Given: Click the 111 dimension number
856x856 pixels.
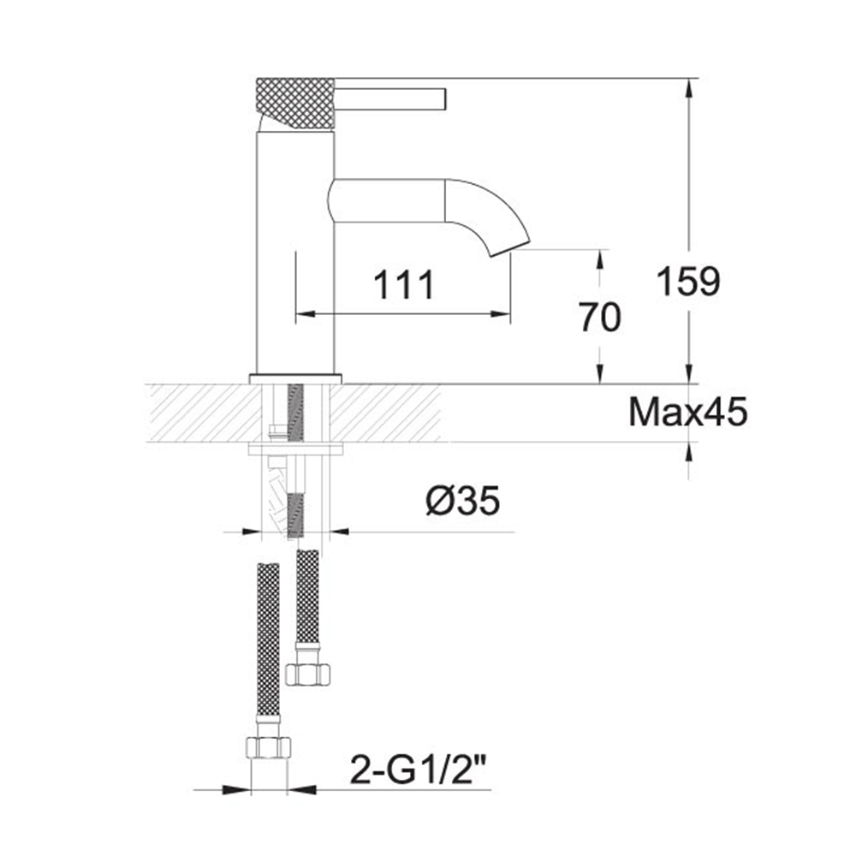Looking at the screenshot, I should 404,284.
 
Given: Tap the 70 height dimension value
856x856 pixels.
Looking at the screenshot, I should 599,318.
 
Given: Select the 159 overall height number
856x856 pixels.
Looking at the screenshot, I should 688,282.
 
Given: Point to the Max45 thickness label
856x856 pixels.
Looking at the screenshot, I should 688,413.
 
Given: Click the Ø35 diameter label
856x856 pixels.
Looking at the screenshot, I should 462,502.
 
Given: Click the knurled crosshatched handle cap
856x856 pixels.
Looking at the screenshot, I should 295,104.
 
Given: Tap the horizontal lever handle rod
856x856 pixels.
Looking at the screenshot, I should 390,98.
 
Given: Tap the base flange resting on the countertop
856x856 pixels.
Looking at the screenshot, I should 295,377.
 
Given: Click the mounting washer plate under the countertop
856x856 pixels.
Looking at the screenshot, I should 295,448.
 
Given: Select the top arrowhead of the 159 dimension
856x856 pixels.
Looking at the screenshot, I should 688,86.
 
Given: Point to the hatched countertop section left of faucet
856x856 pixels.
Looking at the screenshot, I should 201,413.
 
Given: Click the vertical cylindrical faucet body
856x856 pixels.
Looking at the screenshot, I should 295,257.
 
